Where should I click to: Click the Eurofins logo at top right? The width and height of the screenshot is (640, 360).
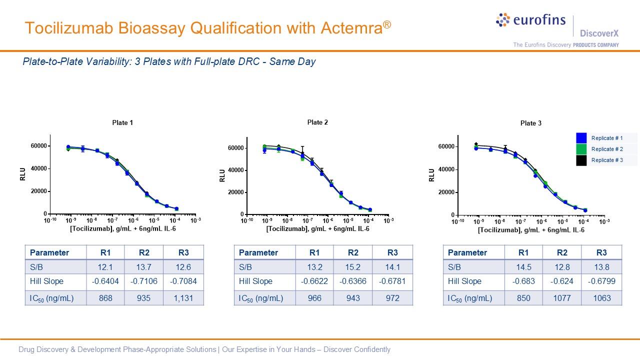pyautogui.click(x=530, y=20)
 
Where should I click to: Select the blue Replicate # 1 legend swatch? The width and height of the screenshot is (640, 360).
pyautogui.click(x=581, y=138)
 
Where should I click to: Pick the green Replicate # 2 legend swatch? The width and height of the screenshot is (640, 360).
pyautogui.click(x=581, y=149)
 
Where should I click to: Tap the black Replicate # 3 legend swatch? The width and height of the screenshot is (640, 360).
pyautogui.click(x=581, y=160)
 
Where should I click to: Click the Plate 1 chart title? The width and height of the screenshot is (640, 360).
pyautogui.click(x=122, y=122)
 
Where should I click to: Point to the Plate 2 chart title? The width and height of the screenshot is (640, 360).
pyautogui.click(x=317, y=122)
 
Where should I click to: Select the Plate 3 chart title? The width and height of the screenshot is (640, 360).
pyautogui.click(x=530, y=123)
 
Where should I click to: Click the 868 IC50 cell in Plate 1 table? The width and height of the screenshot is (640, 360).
pyautogui.click(x=105, y=298)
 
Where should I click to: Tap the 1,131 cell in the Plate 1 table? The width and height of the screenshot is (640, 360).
pyautogui.click(x=183, y=298)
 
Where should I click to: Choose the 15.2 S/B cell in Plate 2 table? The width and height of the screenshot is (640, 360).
pyautogui.click(x=353, y=267)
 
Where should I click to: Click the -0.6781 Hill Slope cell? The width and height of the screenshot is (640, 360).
pyautogui.click(x=392, y=281)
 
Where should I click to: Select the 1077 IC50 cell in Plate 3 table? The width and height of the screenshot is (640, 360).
pyautogui.click(x=562, y=298)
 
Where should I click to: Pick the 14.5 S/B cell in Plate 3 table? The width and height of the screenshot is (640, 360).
pyautogui.click(x=523, y=267)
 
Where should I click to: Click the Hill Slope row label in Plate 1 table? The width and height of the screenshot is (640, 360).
pyautogui.click(x=46, y=281)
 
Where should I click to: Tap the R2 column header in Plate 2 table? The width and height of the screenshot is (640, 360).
pyautogui.click(x=353, y=252)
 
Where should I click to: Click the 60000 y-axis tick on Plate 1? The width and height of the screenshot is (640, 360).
pyautogui.click(x=38, y=146)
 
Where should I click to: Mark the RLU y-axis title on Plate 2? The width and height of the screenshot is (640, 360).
pyautogui.click(x=222, y=175)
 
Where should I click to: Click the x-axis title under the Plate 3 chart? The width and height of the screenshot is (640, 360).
pyautogui.click(x=531, y=230)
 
